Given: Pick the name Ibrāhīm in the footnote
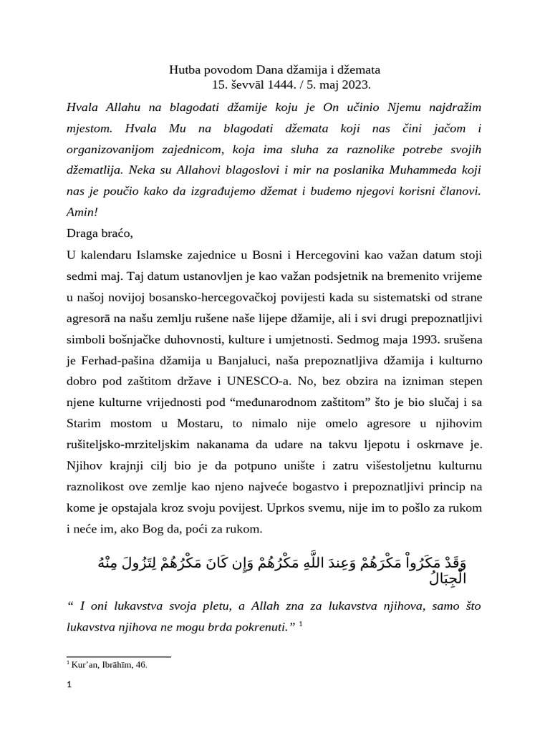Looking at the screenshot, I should click(x=115, y=665).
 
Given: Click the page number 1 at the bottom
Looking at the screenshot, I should click(x=69, y=685).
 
